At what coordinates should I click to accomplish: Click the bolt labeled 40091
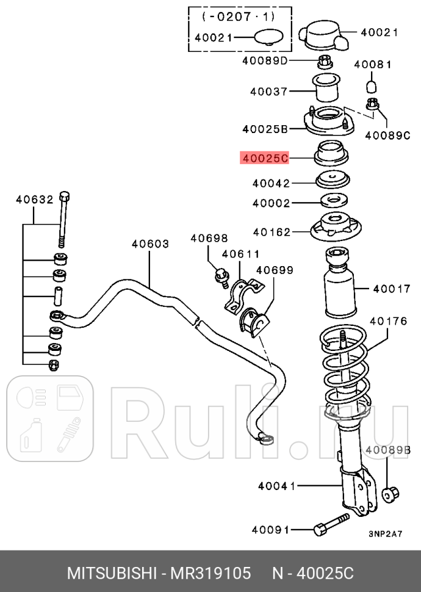pos(329,526)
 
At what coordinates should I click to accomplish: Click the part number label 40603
pos(150,244)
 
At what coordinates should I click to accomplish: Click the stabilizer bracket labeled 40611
pos(239,295)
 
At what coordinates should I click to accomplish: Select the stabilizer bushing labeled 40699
pos(254,322)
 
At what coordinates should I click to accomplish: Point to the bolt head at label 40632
pos(65,198)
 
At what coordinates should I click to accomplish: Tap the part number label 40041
pos(276,486)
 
